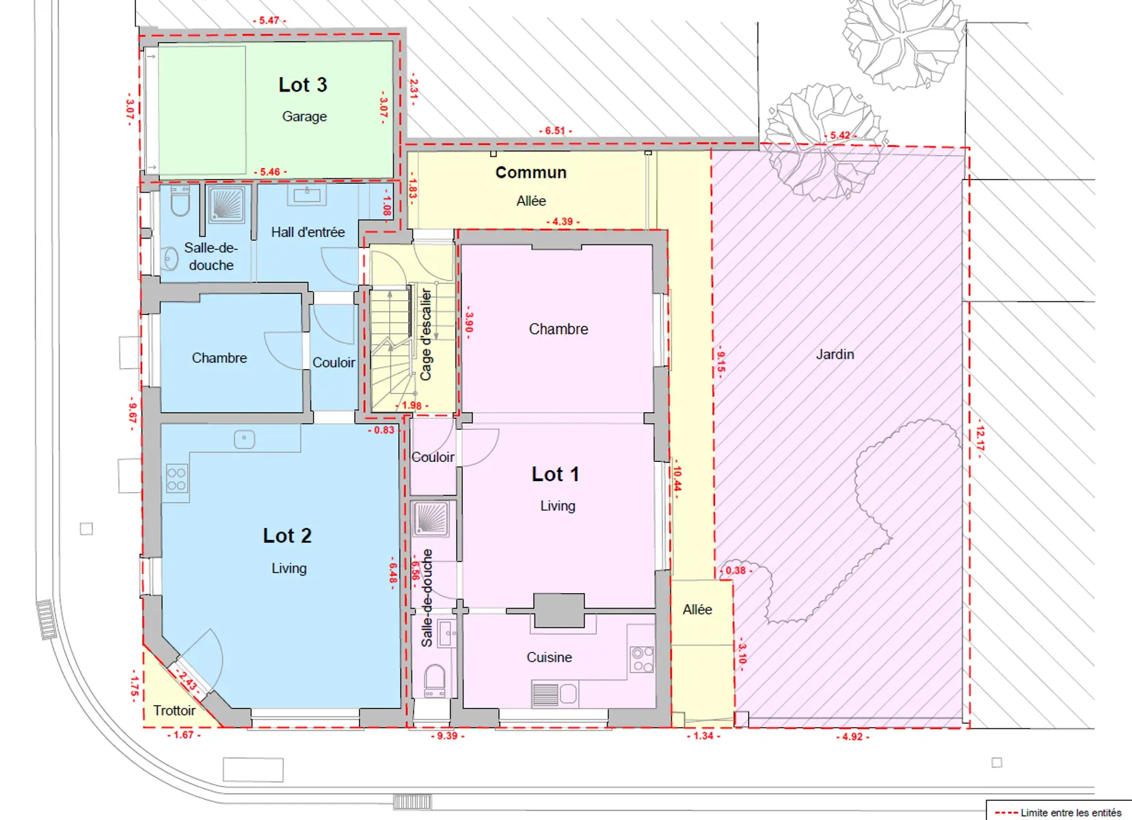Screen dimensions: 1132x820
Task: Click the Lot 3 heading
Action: point(303,85)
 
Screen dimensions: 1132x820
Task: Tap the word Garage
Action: point(304,117)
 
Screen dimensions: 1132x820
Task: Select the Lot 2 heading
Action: point(287,536)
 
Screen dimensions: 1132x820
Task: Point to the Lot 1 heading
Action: point(555,474)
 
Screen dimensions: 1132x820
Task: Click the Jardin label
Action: point(835,354)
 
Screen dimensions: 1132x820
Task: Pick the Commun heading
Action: point(530,172)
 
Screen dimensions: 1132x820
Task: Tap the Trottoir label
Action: point(174,711)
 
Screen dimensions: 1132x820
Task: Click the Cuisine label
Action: point(550,657)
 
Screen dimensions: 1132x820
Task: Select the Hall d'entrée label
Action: point(308,232)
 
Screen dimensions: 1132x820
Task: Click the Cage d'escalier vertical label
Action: point(425,334)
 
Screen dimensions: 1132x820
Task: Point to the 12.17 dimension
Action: point(980,439)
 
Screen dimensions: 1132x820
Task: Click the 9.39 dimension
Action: point(447,736)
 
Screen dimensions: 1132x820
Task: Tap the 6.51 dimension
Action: point(555,131)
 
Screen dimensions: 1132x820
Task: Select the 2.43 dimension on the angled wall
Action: point(187,681)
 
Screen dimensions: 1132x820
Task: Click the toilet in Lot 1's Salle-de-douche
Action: point(435,681)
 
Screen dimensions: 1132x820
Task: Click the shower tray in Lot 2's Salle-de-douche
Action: point(226,205)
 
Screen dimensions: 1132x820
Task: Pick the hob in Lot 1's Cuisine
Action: point(642,659)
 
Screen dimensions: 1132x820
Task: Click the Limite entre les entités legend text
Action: point(1071,812)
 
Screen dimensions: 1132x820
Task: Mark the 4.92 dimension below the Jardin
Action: point(852,737)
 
